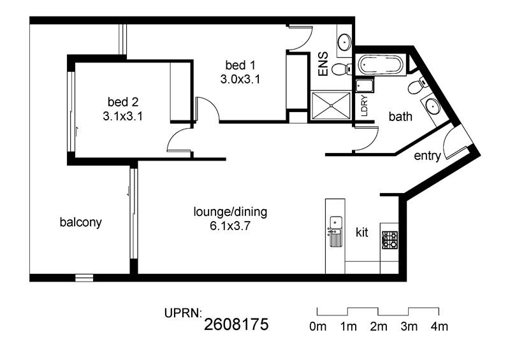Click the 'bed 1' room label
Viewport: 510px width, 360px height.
240,65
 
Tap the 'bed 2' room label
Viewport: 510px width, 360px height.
122,102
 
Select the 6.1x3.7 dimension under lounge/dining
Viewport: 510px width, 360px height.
230,225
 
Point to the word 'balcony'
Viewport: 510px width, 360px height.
80,222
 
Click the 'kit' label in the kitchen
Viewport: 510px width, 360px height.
361,233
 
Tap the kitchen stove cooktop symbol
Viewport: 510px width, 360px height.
389,240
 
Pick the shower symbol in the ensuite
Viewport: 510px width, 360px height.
331,104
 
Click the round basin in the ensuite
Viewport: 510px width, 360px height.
344,42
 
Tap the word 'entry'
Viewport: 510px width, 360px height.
427,156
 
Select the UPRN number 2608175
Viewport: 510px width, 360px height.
237,325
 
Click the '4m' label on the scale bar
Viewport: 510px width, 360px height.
439,327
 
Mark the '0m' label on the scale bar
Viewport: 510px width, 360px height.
317,327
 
